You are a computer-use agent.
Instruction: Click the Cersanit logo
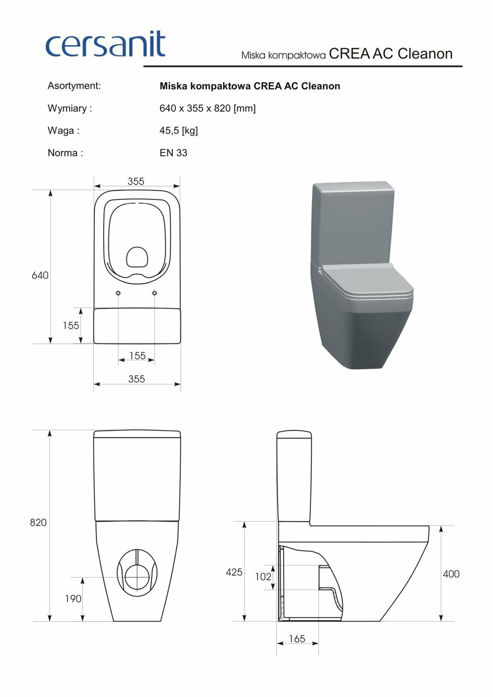[105, 45]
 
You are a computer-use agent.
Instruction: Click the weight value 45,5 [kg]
[179, 131]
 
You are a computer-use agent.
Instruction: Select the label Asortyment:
[74, 86]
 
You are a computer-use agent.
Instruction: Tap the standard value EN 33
[173, 153]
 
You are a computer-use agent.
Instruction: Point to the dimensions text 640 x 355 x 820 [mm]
[208, 108]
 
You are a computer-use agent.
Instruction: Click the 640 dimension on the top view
[40, 276]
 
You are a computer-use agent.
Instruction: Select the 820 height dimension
[38, 523]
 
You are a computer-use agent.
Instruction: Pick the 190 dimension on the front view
[72, 598]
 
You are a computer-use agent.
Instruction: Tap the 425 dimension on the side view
[234, 572]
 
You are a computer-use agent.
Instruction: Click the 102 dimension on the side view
[263, 576]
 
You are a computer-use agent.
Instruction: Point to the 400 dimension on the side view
[451, 574]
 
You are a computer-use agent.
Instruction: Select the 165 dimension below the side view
[297, 639]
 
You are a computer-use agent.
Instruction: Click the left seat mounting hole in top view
[119, 294]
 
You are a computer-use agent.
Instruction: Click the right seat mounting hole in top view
[155, 294]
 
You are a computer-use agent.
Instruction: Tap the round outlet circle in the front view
[137, 578]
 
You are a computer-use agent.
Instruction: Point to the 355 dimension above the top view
[136, 182]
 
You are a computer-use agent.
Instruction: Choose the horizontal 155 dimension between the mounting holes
[137, 356]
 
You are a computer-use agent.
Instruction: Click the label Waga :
[64, 131]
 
